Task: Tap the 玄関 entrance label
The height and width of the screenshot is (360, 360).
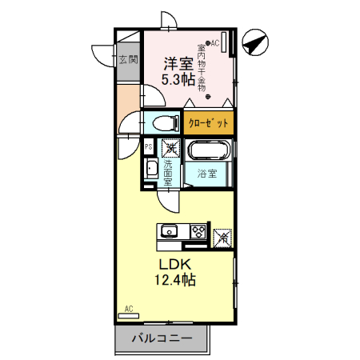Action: [128, 59]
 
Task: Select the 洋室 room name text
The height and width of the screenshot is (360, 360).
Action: [177, 62]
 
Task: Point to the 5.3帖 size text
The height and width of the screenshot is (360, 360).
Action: [177, 79]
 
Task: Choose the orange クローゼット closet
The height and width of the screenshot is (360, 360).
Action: [209, 123]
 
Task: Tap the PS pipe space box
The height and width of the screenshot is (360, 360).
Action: [148, 147]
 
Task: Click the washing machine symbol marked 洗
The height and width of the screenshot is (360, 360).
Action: [170, 147]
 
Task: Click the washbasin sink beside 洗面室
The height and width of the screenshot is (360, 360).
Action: [150, 170]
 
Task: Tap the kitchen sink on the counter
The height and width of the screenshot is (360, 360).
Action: [170, 233]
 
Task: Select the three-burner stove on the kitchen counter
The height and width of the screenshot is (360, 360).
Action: [197, 233]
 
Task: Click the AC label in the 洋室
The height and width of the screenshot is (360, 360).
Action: [215, 42]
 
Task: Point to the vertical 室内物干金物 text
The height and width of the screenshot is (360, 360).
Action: [201, 67]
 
